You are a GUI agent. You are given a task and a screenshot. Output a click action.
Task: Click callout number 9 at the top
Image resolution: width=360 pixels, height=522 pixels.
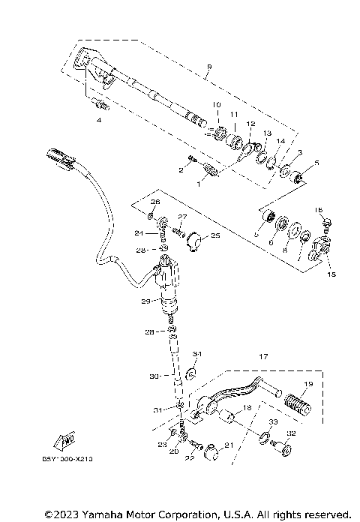[x=209, y=67]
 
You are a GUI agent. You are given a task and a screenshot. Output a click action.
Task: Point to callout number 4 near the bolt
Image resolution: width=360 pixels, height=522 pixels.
[x=97, y=119]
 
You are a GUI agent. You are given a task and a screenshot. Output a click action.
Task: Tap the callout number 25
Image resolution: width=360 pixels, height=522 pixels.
[x=216, y=235]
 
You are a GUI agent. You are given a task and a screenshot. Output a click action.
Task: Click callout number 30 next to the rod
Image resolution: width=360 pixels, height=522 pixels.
[x=154, y=376]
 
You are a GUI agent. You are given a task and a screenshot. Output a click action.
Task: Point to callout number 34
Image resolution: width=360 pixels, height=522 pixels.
[x=197, y=353]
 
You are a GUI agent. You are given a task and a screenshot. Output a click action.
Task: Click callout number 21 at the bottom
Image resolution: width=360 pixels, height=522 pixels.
[x=229, y=446]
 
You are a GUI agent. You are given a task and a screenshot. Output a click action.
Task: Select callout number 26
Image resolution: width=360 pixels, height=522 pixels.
[x=156, y=202]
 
